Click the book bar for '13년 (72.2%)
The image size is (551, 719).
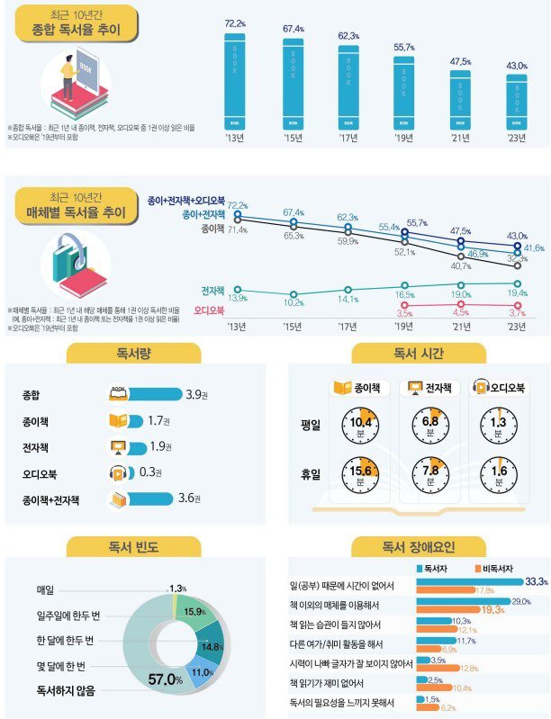(233, 81)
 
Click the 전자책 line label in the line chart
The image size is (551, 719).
(212, 291)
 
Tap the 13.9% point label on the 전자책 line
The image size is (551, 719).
(238, 298)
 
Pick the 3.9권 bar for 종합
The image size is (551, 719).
(144, 393)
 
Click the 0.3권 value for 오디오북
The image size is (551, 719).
(150, 472)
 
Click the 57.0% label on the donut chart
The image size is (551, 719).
(166, 679)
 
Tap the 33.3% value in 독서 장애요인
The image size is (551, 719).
(536, 581)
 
